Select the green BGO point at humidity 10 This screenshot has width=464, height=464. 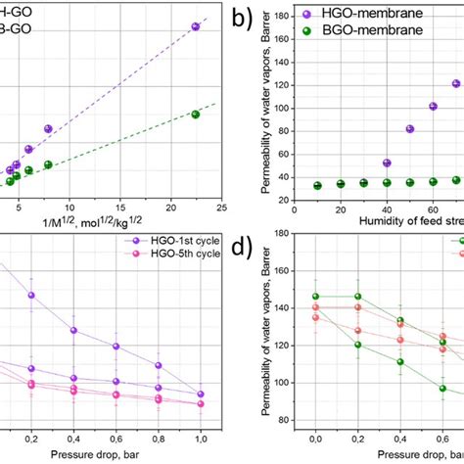tap(317, 185)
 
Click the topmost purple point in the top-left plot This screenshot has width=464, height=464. tap(195, 26)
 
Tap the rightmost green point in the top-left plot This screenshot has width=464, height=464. tap(195, 115)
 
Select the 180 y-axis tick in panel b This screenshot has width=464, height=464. tap(290, 16)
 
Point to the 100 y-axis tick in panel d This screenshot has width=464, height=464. tap(290, 383)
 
